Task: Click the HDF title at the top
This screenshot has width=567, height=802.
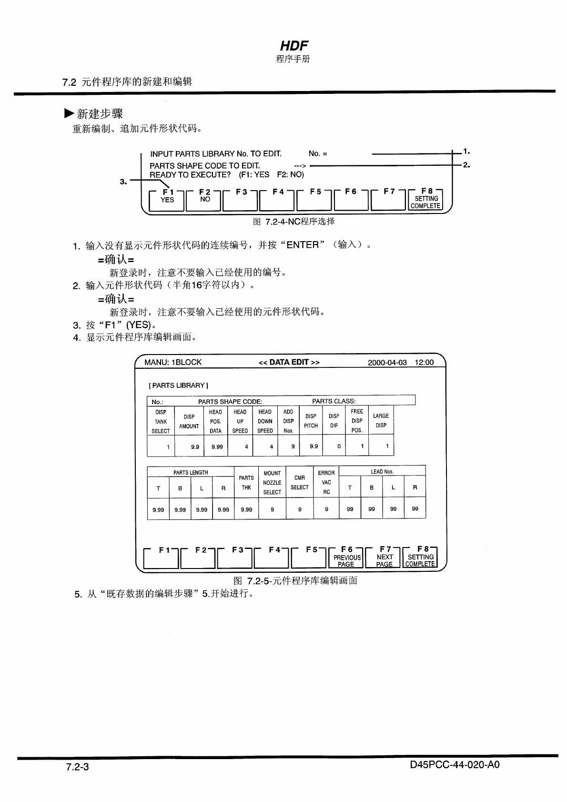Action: (x=294, y=46)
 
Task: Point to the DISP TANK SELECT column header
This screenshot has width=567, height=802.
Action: (x=161, y=421)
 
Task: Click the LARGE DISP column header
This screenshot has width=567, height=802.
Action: (x=381, y=420)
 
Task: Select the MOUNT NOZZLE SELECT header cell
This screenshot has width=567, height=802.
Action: (x=272, y=482)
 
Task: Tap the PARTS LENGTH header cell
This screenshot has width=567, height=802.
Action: (x=191, y=472)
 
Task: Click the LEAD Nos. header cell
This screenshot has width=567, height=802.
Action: (x=382, y=471)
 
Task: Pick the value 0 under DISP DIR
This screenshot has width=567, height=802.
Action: (x=339, y=447)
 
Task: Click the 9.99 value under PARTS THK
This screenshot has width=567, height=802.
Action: (x=246, y=509)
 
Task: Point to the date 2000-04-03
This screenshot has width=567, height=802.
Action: (x=387, y=362)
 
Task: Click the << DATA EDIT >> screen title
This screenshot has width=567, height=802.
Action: (x=289, y=362)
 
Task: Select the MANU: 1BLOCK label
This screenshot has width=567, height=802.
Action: (x=173, y=362)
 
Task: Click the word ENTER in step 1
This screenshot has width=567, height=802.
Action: (x=303, y=245)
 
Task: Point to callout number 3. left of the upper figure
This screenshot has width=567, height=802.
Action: (x=123, y=181)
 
